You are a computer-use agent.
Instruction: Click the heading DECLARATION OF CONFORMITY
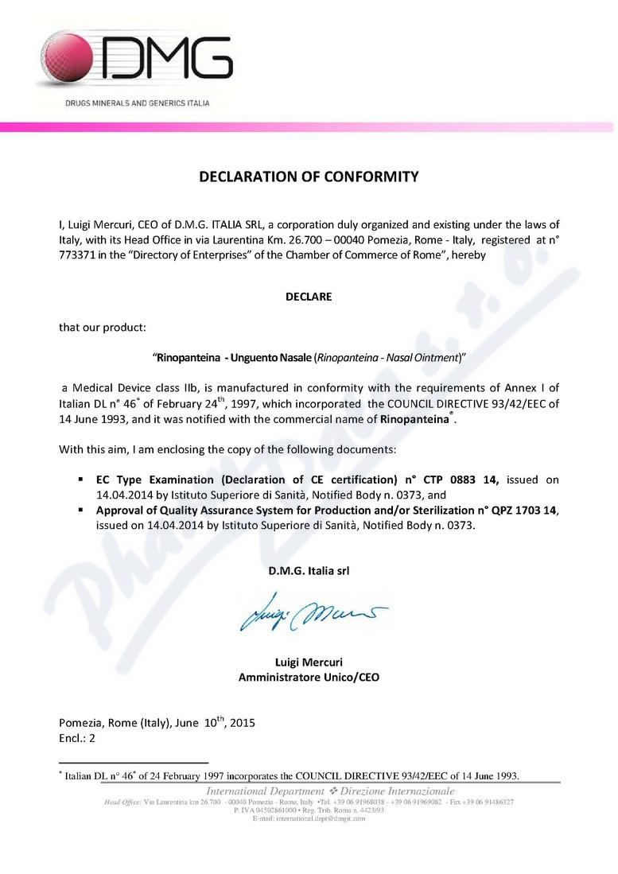pyautogui.click(x=309, y=177)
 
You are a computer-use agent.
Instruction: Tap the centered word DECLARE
pyautogui.click(x=309, y=297)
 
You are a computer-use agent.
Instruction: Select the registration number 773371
pyautogui.click(x=80, y=254)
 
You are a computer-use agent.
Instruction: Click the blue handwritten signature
pyautogui.click(x=310, y=612)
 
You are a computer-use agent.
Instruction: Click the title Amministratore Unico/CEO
pyautogui.click(x=309, y=678)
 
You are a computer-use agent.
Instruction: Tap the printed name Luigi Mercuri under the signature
pyautogui.click(x=309, y=662)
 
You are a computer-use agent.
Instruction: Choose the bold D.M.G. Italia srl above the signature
pyautogui.click(x=309, y=570)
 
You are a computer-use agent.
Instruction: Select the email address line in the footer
pyautogui.click(x=309, y=818)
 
